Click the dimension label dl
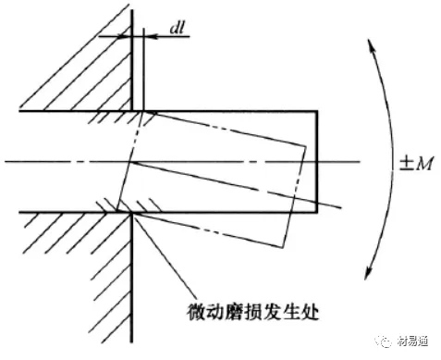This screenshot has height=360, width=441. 178,28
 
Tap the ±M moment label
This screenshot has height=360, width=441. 416,164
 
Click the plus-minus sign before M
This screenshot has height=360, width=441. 406,164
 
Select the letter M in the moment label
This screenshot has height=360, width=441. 424,164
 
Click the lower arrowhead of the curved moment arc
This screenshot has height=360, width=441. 369,272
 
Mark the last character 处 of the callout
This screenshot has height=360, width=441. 309,312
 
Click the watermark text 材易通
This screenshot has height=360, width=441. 412,341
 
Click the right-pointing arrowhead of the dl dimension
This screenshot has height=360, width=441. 123,37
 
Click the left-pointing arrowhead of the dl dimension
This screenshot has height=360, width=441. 151,37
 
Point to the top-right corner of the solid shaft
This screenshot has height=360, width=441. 317,111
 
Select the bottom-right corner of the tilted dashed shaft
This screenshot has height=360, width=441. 282,247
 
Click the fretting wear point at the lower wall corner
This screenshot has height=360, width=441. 132,213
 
